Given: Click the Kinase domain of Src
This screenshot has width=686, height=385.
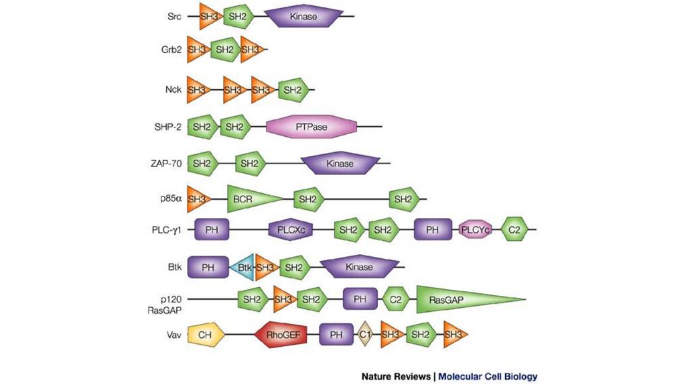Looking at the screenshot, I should click(304, 15).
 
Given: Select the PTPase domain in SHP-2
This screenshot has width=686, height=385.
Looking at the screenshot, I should click(312, 127).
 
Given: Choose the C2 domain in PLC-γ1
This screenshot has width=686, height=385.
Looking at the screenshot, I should click(514, 230).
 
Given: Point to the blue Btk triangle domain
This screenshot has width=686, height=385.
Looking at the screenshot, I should click(242, 268).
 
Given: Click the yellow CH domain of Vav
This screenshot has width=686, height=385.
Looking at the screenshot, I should click(204, 334).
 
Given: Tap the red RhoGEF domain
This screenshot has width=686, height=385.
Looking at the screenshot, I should click(281, 334).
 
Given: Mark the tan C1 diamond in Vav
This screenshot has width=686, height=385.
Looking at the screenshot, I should click(364, 334).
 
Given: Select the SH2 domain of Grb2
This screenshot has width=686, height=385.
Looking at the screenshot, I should click(226, 50).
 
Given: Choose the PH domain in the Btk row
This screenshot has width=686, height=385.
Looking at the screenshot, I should click(208, 268).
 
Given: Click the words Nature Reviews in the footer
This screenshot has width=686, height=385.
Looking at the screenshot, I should click(395, 376).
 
